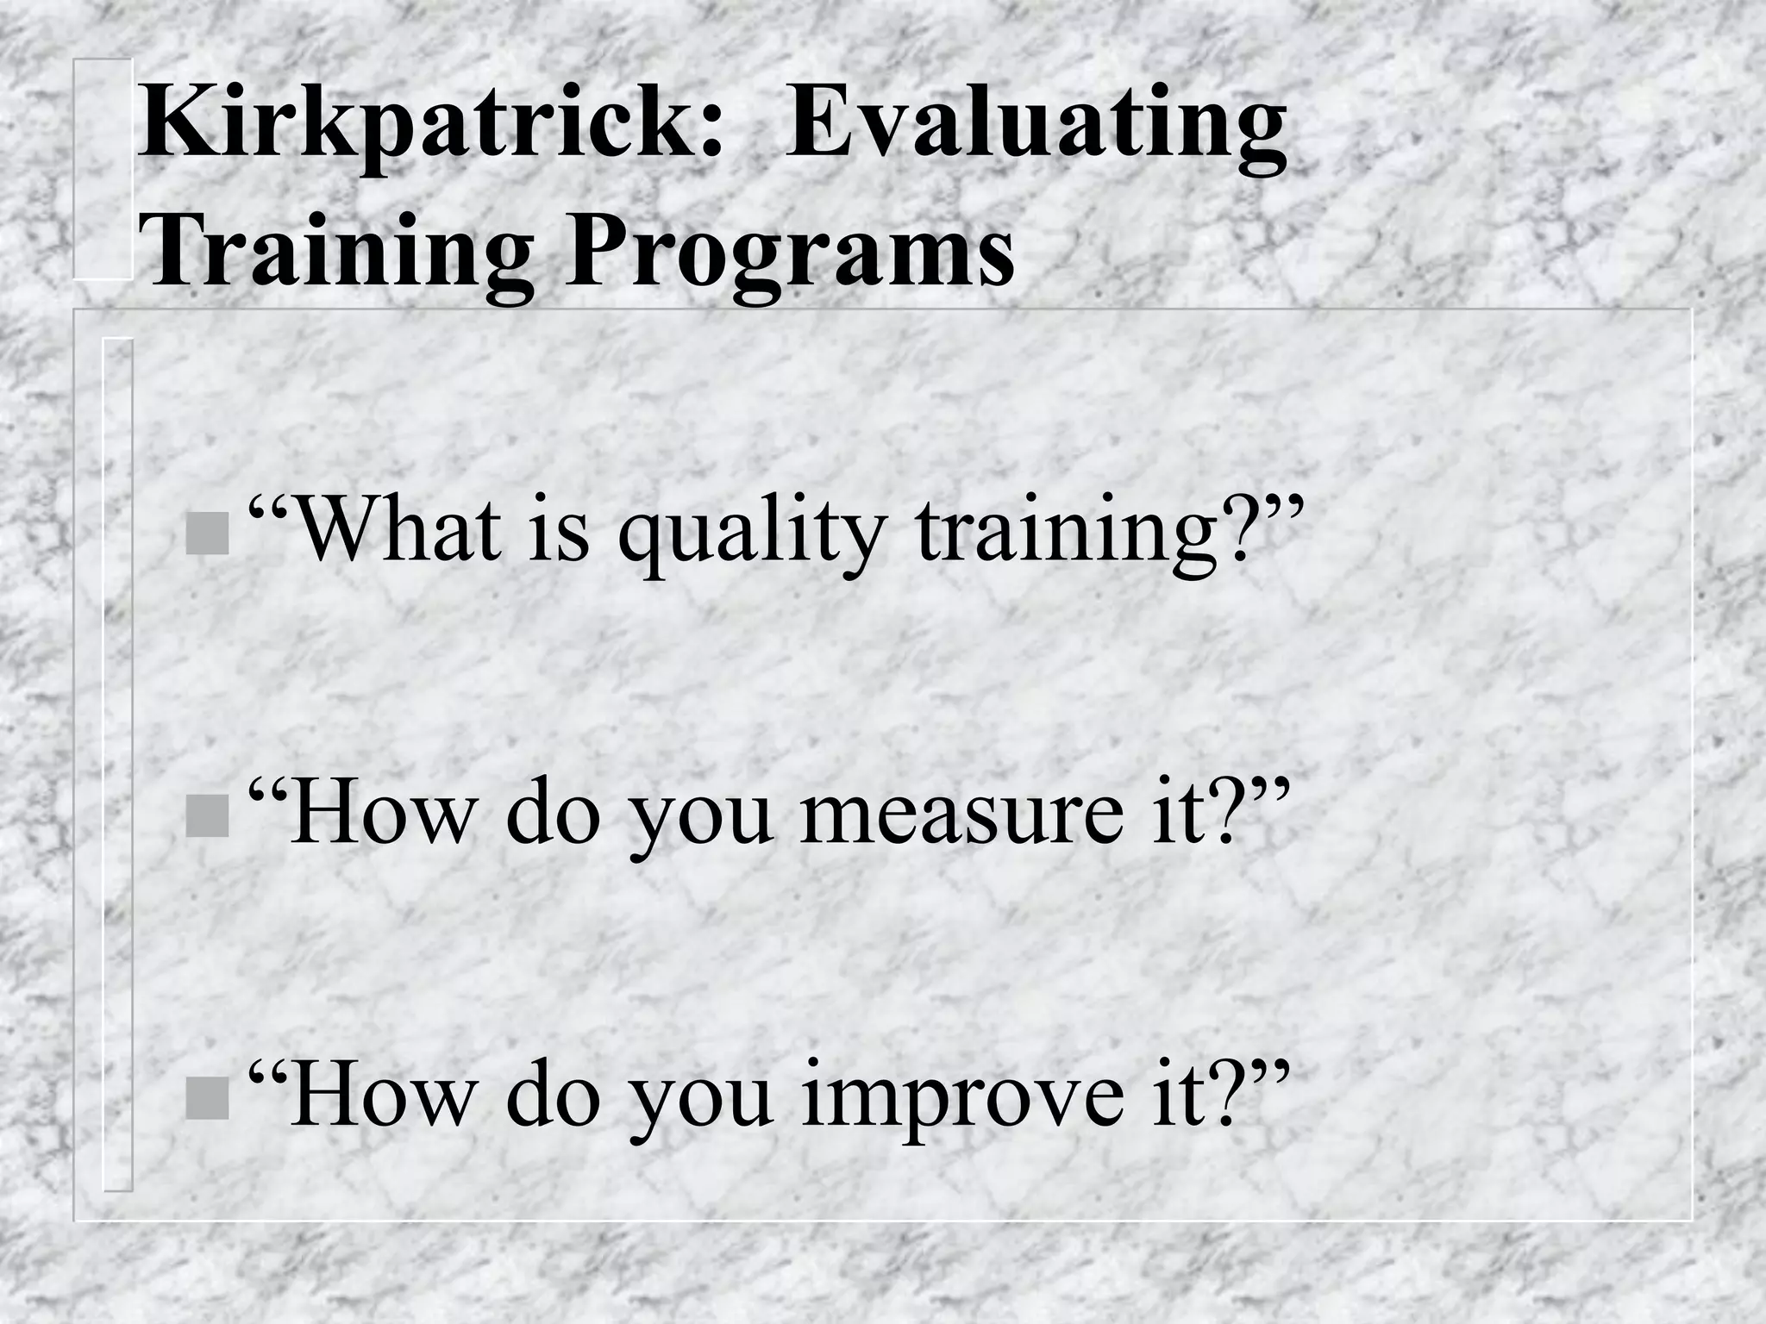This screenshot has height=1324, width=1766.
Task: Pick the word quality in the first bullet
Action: [750, 533]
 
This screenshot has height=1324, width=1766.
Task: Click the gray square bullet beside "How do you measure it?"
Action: [208, 818]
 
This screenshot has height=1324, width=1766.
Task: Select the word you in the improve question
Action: [699, 1102]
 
